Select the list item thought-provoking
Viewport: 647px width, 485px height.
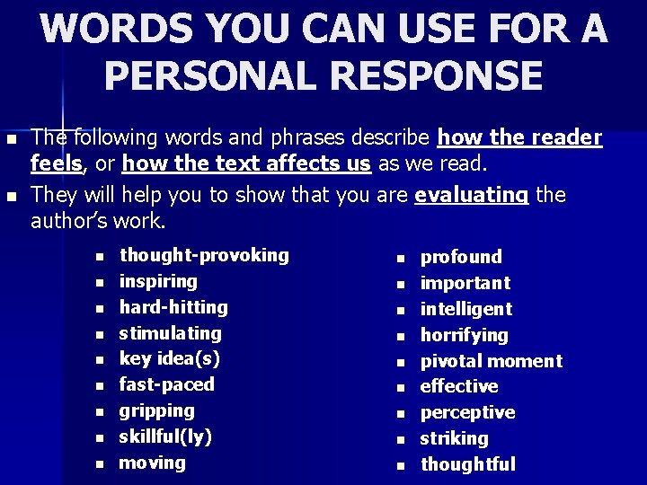point(204,255)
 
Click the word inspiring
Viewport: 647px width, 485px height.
point(158,281)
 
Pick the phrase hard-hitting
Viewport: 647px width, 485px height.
point(173,307)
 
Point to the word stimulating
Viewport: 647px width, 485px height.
point(170,333)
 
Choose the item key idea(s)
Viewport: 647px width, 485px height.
point(169,359)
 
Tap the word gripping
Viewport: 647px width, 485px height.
point(156,411)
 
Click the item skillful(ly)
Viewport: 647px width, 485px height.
point(165,437)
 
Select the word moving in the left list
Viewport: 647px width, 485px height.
point(152,463)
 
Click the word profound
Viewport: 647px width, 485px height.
point(461,258)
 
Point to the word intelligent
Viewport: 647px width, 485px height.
point(466,310)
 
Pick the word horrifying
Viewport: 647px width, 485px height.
point(465,336)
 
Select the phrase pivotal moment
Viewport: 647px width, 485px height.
point(492,362)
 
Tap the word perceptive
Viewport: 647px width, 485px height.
point(468,413)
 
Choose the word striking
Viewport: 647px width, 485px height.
point(455,439)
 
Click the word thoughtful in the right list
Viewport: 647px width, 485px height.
point(468,465)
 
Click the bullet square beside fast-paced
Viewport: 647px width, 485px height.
point(101,386)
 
